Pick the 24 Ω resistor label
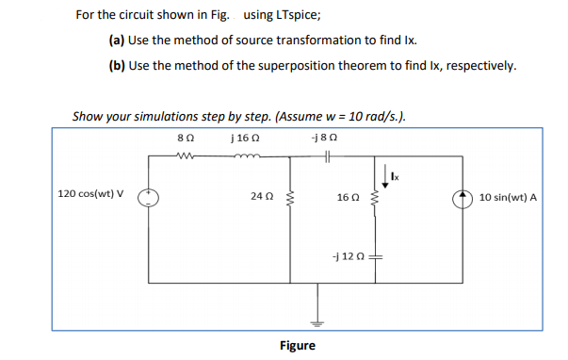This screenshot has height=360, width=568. click(x=263, y=197)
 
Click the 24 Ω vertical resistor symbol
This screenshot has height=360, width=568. click(x=289, y=198)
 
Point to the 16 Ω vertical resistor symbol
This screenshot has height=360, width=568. click(x=376, y=199)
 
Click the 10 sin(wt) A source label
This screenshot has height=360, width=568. click(x=508, y=198)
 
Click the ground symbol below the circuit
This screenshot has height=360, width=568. click(x=317, y=319)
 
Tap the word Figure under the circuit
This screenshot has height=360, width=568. click(x=297, y=346)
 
